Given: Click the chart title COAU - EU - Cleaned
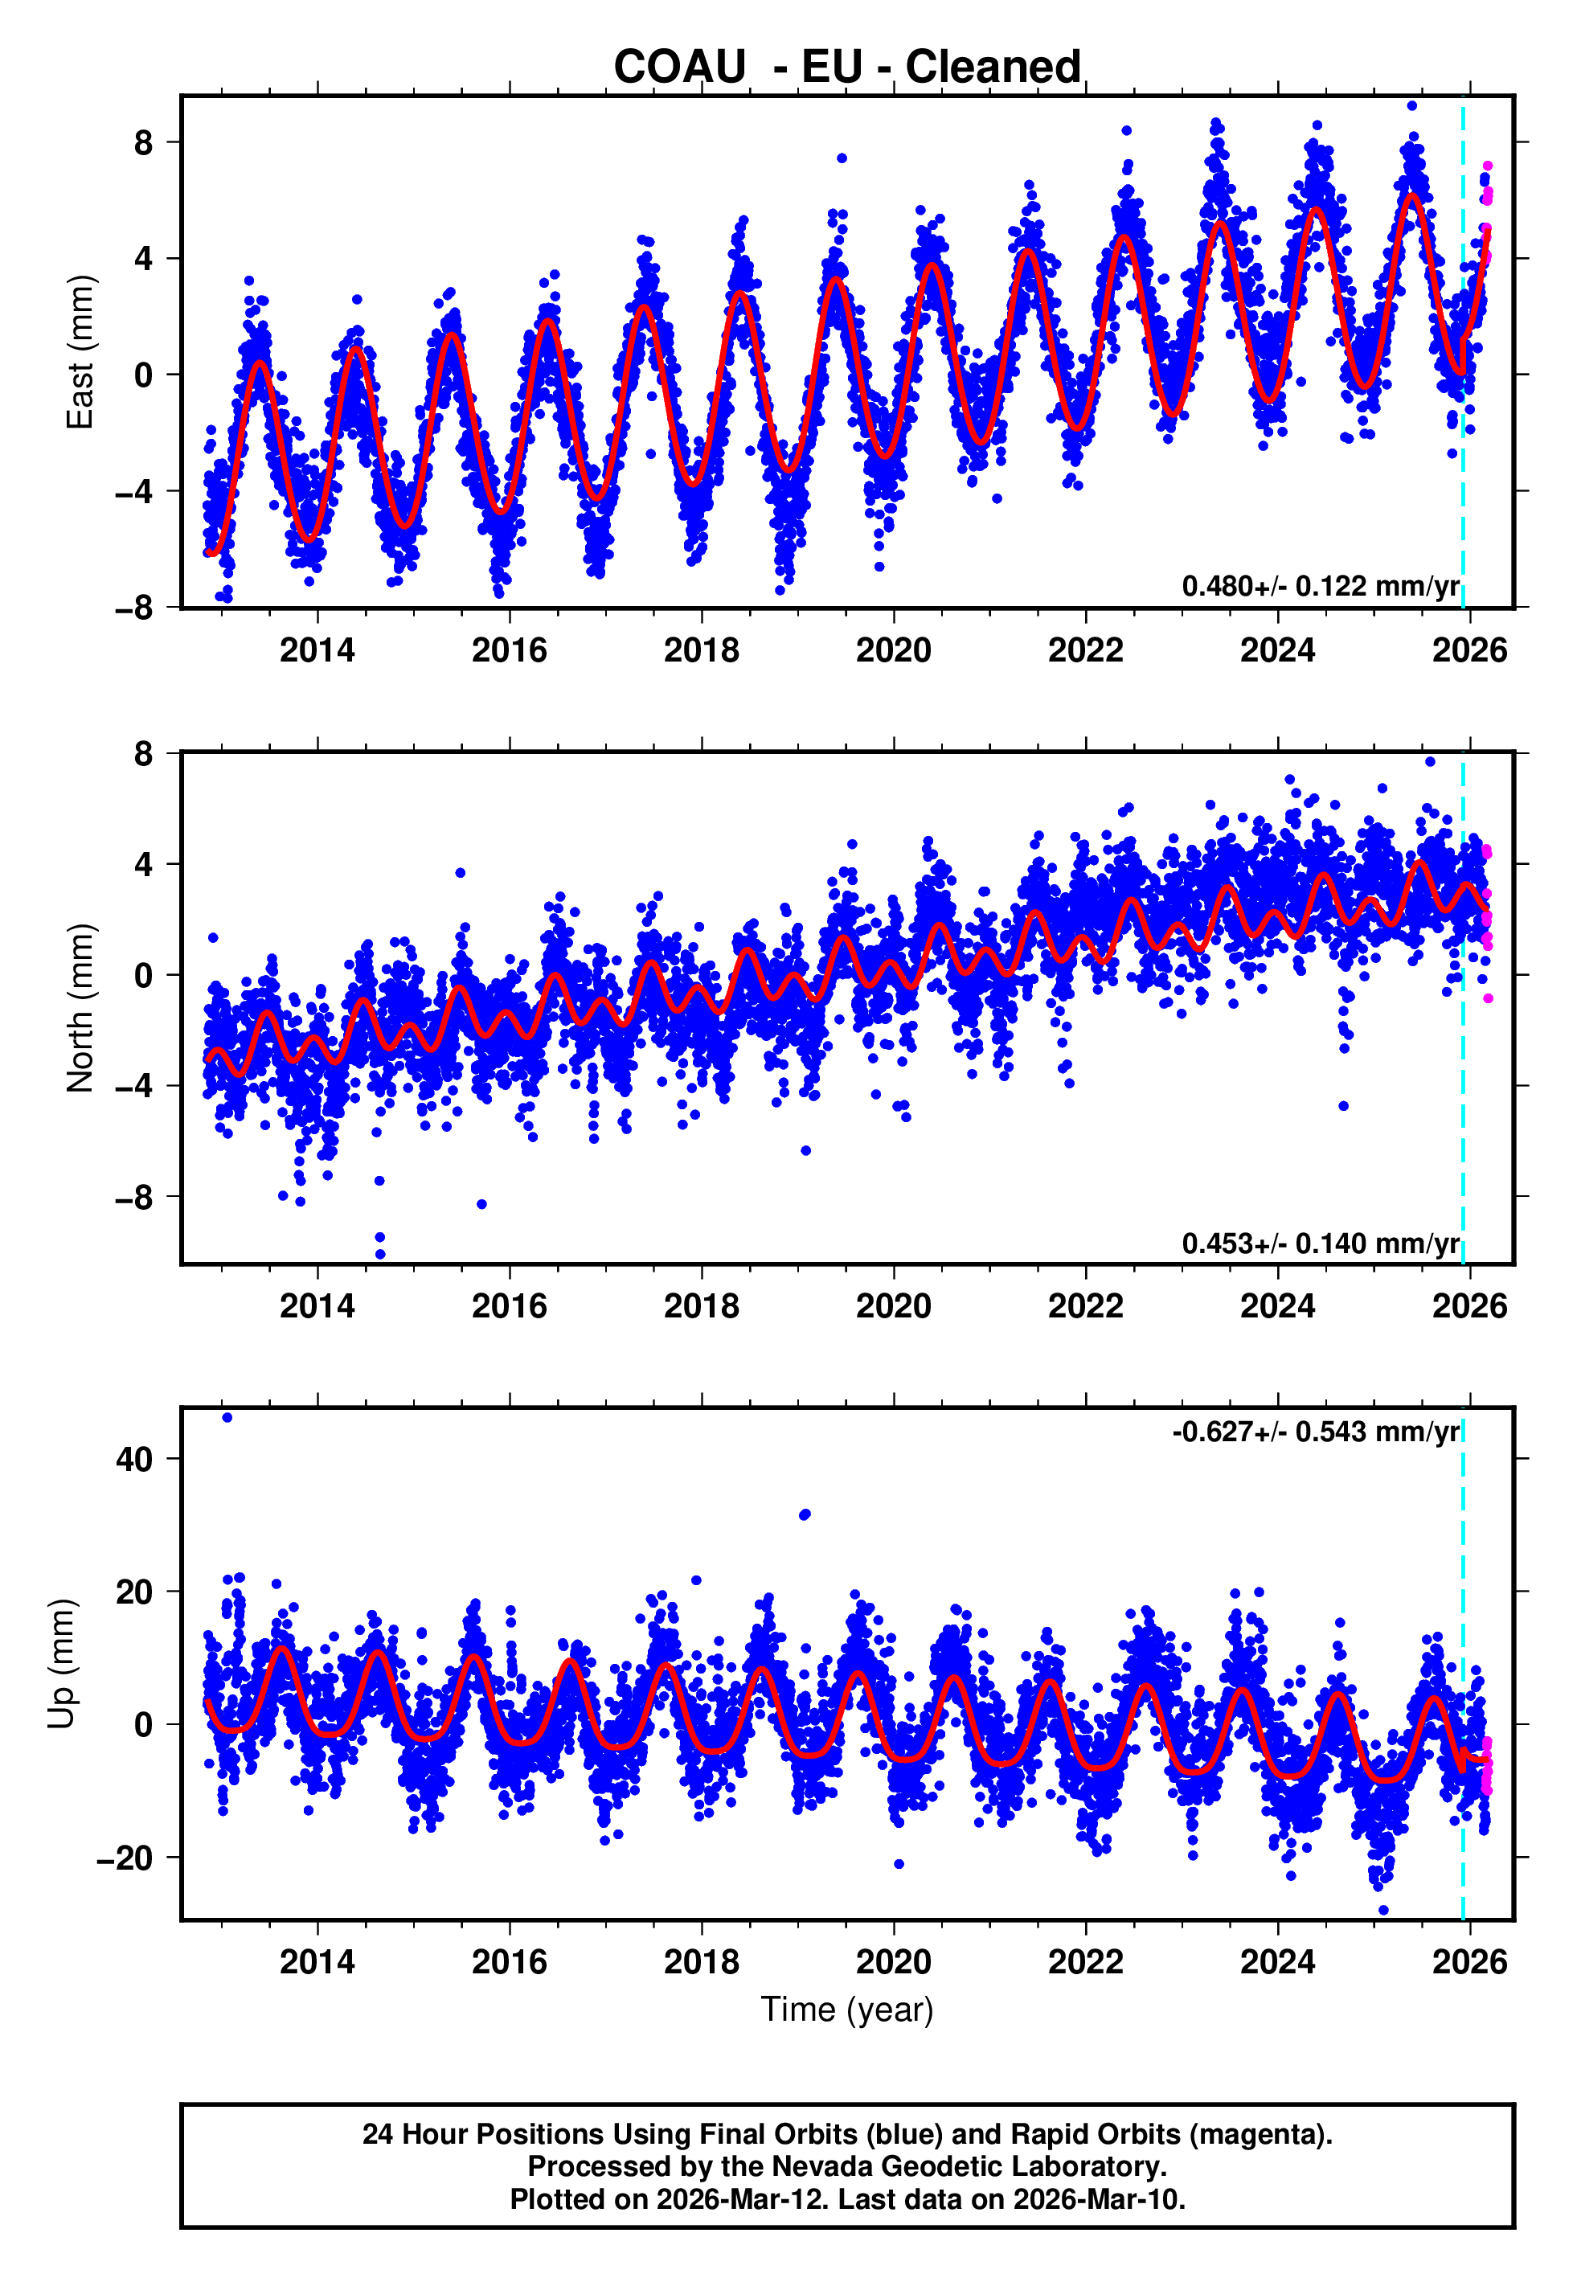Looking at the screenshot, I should [847, 68].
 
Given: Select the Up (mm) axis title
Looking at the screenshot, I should [61, 1664].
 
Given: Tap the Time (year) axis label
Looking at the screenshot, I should [847, 2010].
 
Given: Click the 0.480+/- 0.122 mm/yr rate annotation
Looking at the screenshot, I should [1320, 586].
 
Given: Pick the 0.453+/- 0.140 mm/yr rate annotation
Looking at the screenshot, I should [1320, 1243].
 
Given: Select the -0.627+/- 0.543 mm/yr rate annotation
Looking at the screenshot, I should [1315, 1432].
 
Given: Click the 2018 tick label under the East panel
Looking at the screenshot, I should [701, 650].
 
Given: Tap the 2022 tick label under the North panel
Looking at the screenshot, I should [1085, 1306].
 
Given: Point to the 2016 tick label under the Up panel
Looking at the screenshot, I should [509, 1961].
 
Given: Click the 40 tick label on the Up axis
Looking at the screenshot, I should [134, 1459].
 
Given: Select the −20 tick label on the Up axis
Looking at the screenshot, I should [125, 1858].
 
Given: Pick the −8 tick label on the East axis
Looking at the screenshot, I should [134, 608].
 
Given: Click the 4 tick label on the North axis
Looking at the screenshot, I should [144, 864].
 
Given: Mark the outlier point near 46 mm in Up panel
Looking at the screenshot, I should [227, 1418].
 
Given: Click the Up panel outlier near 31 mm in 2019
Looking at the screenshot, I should [805, 1514].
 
